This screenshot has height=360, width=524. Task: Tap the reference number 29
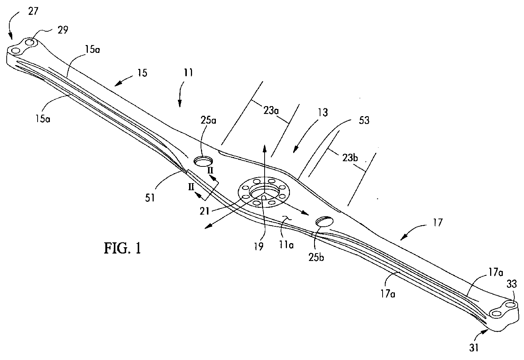(63, 30)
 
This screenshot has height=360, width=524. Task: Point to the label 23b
(349, 157)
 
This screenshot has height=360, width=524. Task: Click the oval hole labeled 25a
(203, 161)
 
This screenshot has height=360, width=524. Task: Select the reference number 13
(323, 112)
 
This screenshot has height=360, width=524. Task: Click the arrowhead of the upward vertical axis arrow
(265, 148)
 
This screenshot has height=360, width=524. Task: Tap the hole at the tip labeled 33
(511, 305)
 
